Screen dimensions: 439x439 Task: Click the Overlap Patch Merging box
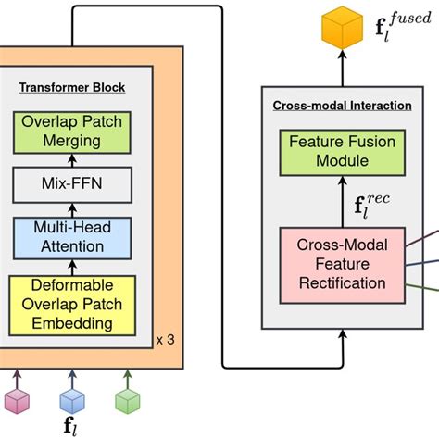click(x=72, y=134)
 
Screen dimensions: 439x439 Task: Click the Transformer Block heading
click(x=72, y=88)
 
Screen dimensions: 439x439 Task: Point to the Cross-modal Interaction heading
click(x=342, y=106)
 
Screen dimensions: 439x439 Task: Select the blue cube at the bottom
click(x=72, y=400)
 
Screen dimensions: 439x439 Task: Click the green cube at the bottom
click(x=128, y=400)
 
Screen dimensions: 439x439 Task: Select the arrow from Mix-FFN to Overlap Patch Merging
click(x=72, y=163)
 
